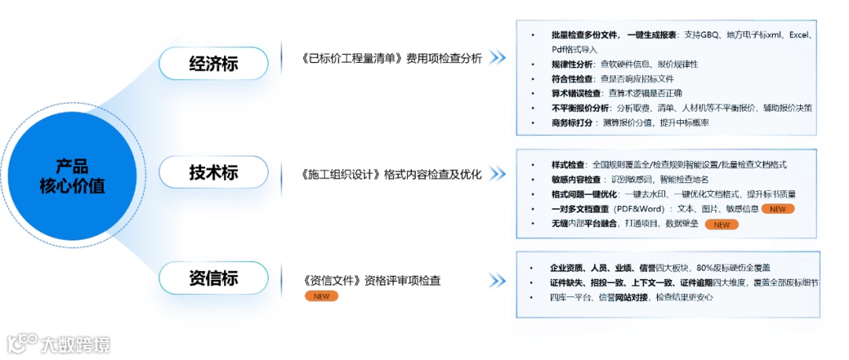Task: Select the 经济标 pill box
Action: point(213,63)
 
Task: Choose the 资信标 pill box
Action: point(213,278)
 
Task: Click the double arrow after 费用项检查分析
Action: point(497,58)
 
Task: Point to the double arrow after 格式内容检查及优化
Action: point(497,173)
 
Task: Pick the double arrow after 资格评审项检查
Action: point(497,281)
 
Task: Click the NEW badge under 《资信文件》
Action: point(321,296)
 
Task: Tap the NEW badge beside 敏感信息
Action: point(777,209)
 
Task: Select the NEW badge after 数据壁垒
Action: point(721,225)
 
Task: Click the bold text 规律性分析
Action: point(572,64)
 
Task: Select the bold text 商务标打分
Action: point(572,123)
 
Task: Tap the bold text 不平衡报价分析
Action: point(580,108)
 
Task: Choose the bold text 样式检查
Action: point(568,165)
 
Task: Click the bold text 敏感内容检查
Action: point(576,179)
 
